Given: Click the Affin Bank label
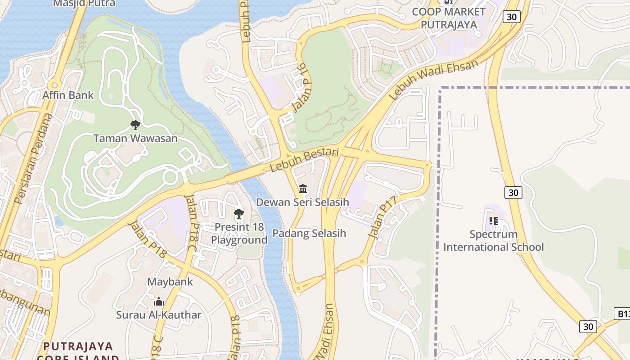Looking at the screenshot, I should point(68,95).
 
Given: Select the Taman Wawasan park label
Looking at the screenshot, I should point(135,138).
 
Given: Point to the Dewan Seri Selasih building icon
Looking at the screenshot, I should point(303,189).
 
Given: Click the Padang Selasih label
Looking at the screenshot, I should point(309,233).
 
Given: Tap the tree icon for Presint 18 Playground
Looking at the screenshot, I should point(239,214).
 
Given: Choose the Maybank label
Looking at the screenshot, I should point(170,282).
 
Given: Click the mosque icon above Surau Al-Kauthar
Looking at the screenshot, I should point(158,301).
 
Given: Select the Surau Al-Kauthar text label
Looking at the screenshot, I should point(158,315).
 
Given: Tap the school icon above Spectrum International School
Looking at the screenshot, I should point(494,221).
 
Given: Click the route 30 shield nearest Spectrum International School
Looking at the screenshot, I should point(513,193).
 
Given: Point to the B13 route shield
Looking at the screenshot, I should point(622,314).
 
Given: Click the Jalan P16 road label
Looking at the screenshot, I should point(299,87).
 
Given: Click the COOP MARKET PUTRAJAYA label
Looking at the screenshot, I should point(449,18).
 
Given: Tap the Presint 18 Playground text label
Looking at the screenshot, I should point(239,234).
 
